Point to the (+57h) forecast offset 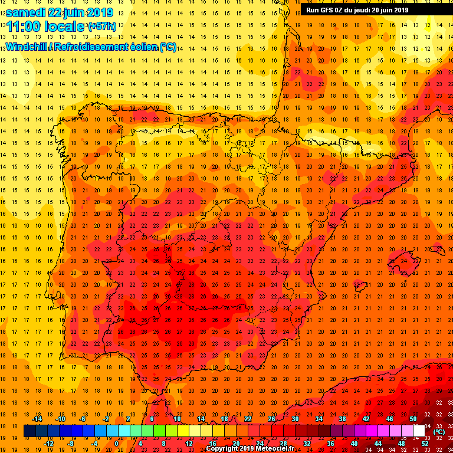tap(102, 27)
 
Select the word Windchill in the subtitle tap(25, 47)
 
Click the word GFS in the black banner tap(329, 10)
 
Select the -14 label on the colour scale tap(37, 419)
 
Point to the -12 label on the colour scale tap(48, 444)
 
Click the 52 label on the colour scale tap(425, 444)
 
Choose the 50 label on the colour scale tap(413, 419)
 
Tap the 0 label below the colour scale tap(116, 444)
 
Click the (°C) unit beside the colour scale tap(439, 432)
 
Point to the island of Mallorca tap(405, 260)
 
